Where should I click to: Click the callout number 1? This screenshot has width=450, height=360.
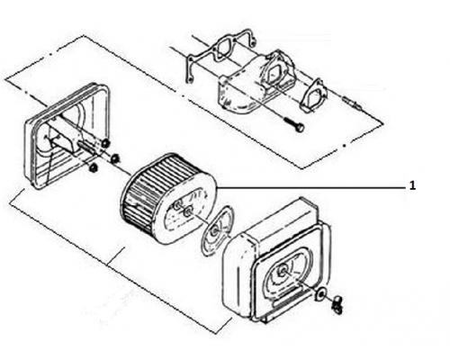pyautogui.click(x=412, y=186)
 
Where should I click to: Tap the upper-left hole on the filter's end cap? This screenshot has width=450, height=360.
pyautogui.click(x=176, y=206)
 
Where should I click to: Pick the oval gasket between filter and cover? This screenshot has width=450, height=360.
pyautogui.click(x=218, y=230)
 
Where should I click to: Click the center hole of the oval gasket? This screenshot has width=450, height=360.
pyautogui.click(x=215, y=231)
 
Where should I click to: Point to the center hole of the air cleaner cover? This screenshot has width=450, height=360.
pyautogui.click(x=282, y=272)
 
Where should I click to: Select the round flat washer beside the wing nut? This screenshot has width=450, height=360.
pyautogui.click(x=319, y=294)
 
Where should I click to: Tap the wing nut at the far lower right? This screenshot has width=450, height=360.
pyautogui.click(x=337, y=305)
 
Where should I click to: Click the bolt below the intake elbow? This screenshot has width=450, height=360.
pyautogui.click(x=295, y=123)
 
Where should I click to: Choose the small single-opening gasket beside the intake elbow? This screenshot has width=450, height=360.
pyautogui.click(x=313, y=95)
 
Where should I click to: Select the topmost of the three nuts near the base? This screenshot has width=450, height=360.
pyautogui.click(x=105, y=143)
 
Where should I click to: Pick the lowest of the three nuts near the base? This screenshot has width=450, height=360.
pyautogui.click(x=94, y=168)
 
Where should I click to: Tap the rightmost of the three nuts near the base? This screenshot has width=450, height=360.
pyautogui.click(x=114, y=157)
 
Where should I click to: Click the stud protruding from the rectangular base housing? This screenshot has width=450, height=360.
pyautogui.click(x=88, y=148)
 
